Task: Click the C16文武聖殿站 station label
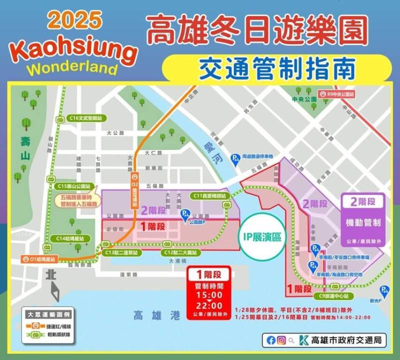86,118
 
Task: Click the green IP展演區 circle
261,237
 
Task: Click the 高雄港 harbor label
149,315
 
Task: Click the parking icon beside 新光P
384,290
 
